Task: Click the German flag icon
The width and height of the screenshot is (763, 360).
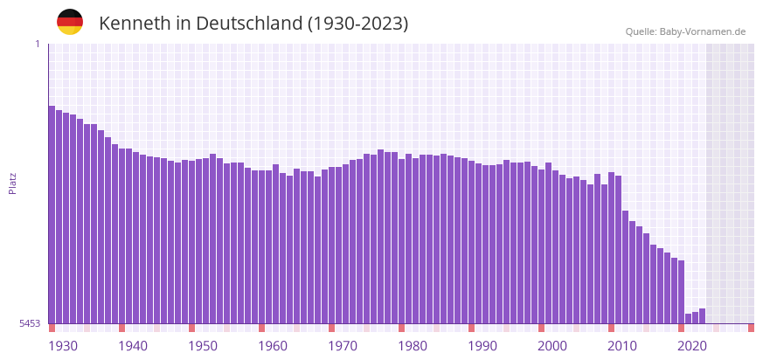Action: click(70, 22)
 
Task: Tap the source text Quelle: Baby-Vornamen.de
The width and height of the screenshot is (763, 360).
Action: click(685, 31)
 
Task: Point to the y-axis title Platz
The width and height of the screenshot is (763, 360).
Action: click(13, 183)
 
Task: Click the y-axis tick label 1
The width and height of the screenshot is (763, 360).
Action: click(38, 44)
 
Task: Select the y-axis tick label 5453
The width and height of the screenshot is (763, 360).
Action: click(31, 323)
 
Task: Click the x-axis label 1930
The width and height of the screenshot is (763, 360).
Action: click(63, 346)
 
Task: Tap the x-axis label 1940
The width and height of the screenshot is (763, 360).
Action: click(133, 346)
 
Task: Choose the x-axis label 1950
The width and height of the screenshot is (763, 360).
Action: click(203, 346)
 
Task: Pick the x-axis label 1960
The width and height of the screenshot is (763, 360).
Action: click(273, 346)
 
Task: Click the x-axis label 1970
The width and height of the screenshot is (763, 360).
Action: click(343, 346)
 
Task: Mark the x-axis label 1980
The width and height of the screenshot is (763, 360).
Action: click(413, 346)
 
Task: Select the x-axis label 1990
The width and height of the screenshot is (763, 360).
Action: click(482, 346)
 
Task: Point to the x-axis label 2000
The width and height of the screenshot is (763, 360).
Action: click(552, 346)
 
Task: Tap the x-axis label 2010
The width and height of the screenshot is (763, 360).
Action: click(622, 346)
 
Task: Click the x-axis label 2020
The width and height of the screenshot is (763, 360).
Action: click(692, 346)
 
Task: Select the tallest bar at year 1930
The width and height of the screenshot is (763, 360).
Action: click(52, 214)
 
